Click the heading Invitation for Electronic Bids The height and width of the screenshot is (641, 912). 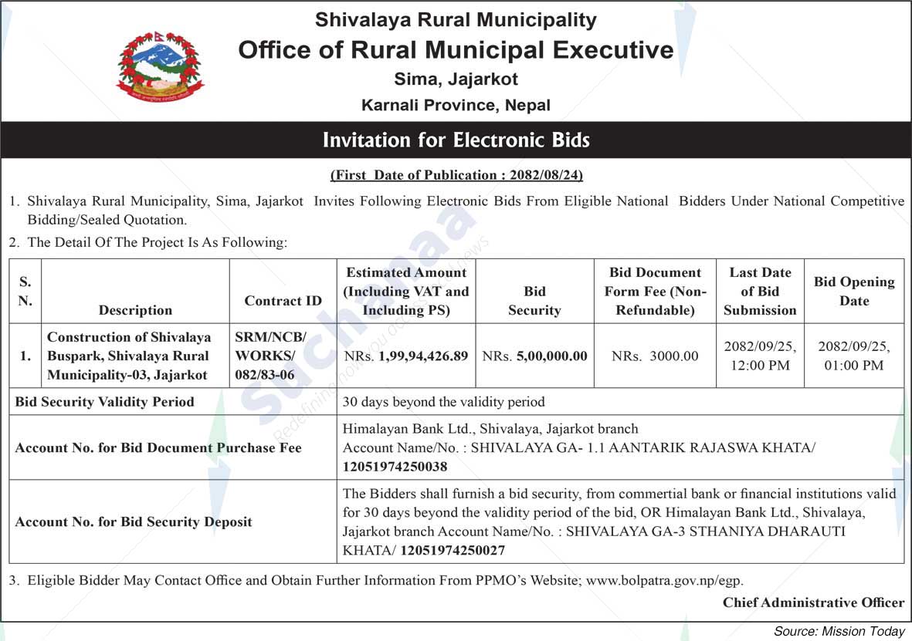456,140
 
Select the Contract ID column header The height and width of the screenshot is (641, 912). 283,301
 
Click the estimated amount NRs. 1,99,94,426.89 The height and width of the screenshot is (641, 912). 406,356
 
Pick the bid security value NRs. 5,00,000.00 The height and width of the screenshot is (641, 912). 534,356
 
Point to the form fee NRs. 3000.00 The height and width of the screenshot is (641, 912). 655,356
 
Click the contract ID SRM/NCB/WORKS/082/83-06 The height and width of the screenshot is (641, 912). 271,356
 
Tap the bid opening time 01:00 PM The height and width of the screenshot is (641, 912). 853,366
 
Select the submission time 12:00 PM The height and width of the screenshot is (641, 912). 760,366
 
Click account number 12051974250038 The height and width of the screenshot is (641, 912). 395,467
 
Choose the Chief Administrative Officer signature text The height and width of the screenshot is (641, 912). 812,602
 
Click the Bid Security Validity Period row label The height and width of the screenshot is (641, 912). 105,402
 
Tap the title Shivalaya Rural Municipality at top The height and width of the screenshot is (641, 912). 456,20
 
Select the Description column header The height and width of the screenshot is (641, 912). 135,310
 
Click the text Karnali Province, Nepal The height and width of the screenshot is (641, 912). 456,105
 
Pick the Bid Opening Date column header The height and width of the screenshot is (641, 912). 853,292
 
